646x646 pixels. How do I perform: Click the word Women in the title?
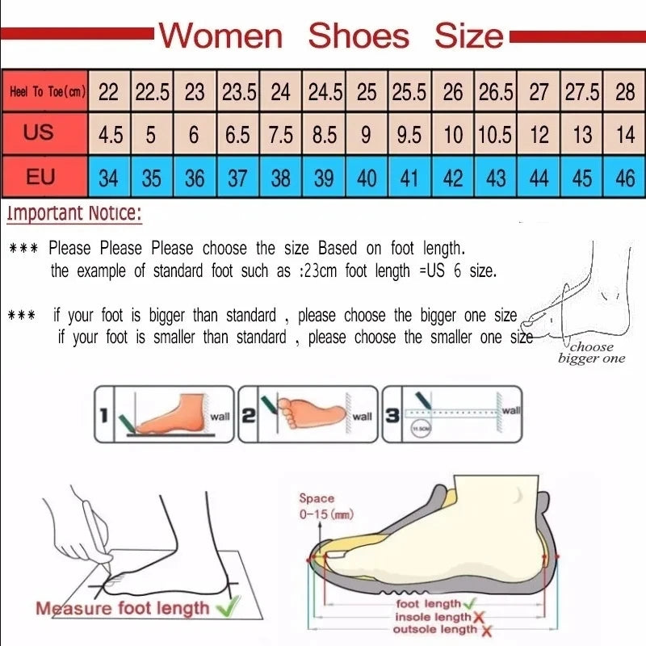tap(220, 36)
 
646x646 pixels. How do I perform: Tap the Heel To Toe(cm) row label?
tap(45, 92)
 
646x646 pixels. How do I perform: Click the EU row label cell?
tap(40, 176)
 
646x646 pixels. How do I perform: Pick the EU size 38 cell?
tap(280, 178)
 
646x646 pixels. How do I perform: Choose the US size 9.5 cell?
tap(409, 135)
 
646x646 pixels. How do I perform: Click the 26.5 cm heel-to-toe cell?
tap(495, 92)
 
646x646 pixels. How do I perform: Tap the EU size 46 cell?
tap(625, 178)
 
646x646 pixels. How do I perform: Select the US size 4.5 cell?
tap(110, 135)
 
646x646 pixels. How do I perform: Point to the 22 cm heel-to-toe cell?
tap(108, 92)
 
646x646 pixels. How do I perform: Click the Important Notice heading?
tap(74, 214)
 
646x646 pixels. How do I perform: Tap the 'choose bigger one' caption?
tap(591, 353)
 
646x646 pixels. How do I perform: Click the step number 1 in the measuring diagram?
tap(103, 417)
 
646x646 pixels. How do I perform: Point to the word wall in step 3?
tap(510, 410)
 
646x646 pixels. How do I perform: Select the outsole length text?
tap(435, 629)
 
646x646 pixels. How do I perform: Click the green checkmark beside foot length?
tap(471, 603)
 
